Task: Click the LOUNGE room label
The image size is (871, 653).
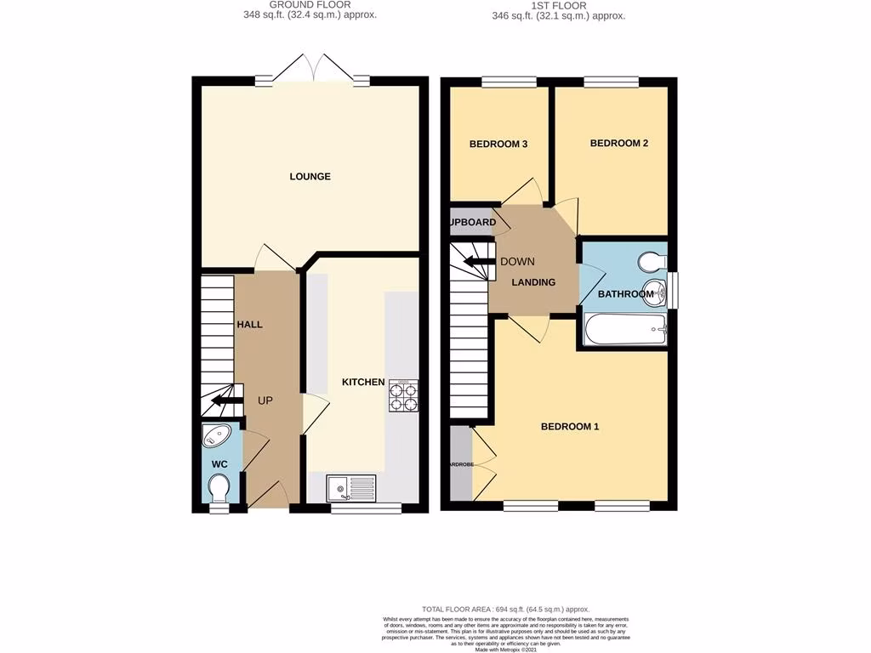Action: (310, 177)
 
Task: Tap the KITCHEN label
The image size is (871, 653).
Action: (363, 383)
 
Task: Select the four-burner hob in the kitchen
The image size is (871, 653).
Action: (403, 395)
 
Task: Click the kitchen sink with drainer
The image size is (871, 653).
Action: (351, 488)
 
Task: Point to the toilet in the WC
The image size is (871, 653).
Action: (219, 489)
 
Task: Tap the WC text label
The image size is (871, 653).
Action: (219, 464)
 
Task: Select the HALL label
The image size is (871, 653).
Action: (250, 325)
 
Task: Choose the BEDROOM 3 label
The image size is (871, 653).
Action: (498, 145)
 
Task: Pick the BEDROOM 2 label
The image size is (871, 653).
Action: (619, 144)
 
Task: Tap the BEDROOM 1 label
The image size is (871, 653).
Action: (570, 427)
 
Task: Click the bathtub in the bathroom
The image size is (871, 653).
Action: (624, 329)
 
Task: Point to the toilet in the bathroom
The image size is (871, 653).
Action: (654, 258)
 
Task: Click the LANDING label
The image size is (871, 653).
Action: (533, 282)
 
